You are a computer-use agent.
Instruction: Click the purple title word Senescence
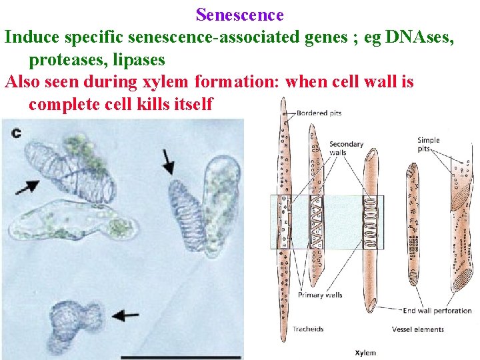[240, 15]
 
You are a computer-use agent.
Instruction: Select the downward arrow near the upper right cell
[169, 163]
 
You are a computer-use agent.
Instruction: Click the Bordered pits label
[319, 113]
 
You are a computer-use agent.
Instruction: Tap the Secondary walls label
[346, 148]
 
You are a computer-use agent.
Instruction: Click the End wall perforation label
[437, 310]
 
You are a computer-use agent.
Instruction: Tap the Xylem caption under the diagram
[365, 353]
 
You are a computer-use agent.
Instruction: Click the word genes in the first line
[317, 37]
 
